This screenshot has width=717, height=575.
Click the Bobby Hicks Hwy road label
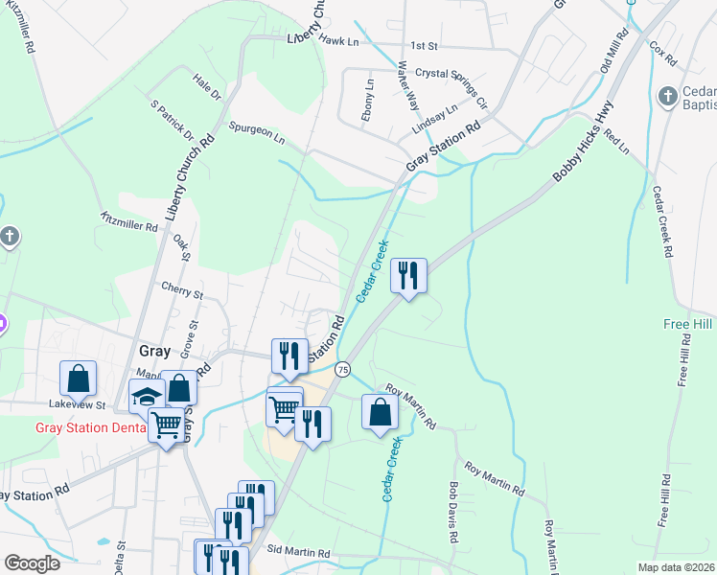(581, 143)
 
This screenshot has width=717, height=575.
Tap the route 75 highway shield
(342, 369)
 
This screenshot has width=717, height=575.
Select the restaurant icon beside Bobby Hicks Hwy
(408, 276)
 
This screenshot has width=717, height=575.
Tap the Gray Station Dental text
(91, 427)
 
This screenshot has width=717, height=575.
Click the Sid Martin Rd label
(298, 553)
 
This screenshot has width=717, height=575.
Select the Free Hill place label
(688, 325)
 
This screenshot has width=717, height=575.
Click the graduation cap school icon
(147, 397)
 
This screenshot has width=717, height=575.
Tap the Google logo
(32, 563)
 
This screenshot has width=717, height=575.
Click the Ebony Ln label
(369, 99)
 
